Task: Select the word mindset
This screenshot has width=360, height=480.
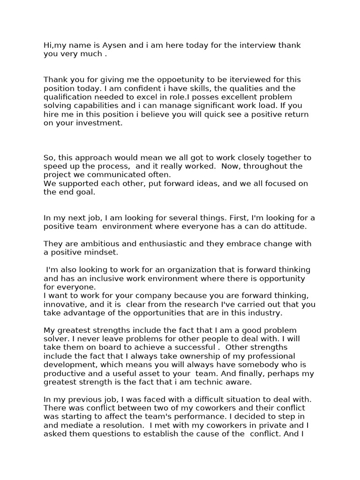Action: click(x=98, y=253)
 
